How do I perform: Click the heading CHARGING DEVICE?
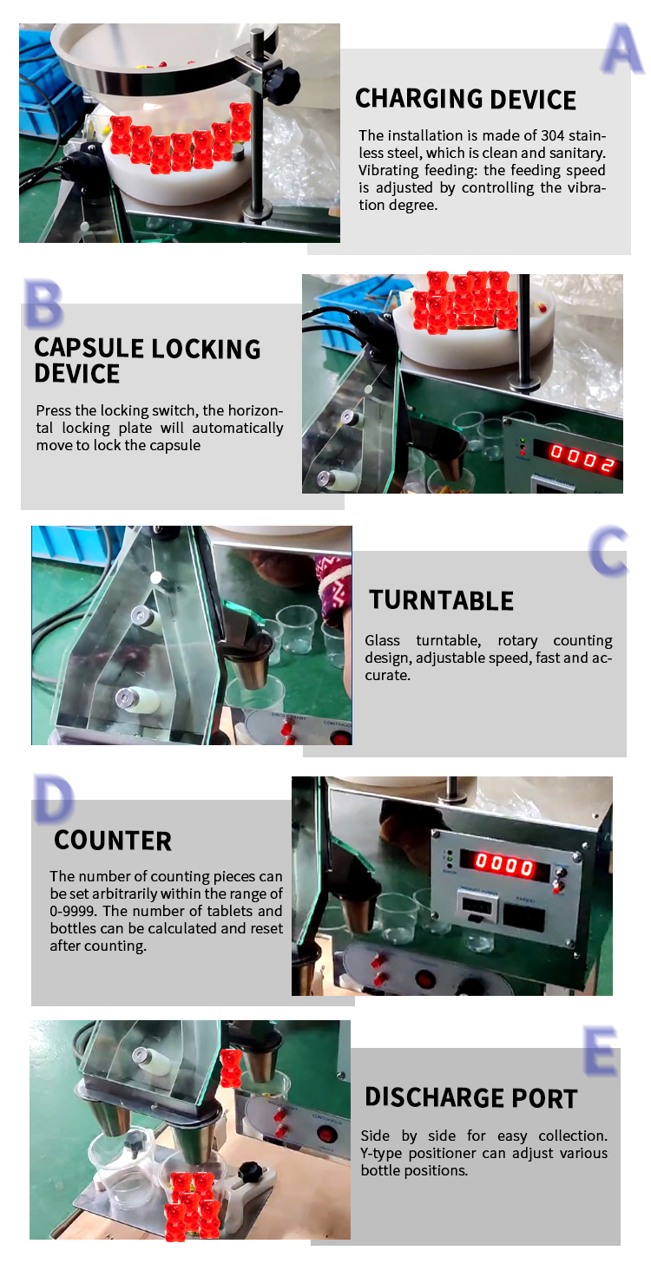(x=465, y=99)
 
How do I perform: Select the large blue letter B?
(x=43, y=303)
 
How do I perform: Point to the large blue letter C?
(x=608, y=550)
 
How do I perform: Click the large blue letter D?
(x=53, y=799)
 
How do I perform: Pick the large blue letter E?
(x=601, y=1051)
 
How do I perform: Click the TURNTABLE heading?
(x=441, y=600)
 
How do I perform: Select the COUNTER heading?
(x=113, y=841)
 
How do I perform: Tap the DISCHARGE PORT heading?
(x=471, y=1097)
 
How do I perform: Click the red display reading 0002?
(x=582, y=458)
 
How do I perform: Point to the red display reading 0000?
(x=504, y=864)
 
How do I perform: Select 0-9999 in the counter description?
(x=72, y=911)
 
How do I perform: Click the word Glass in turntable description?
(x=382, y=640)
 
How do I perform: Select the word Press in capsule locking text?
(x=54, y=410)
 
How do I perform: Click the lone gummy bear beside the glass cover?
(x=231, y=1068)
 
